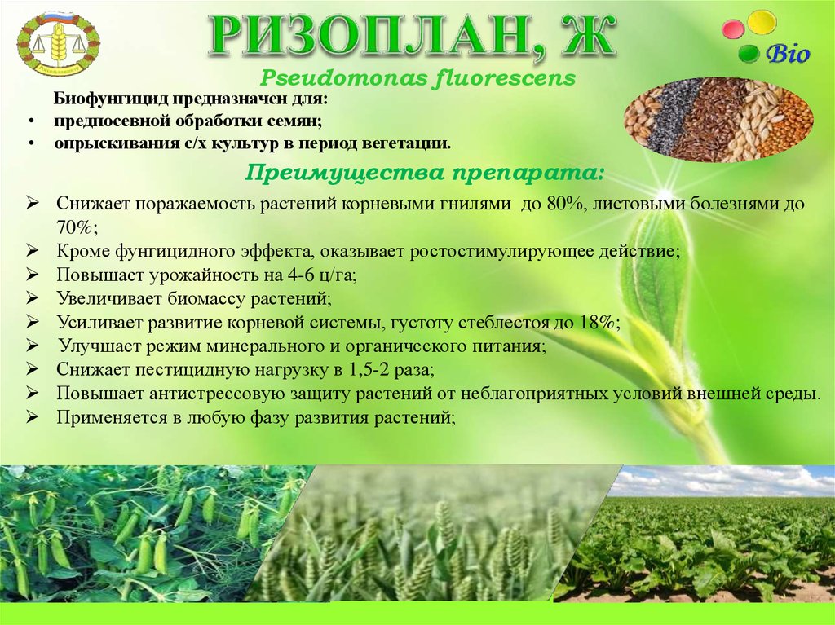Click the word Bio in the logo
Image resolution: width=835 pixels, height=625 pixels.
(787, 55)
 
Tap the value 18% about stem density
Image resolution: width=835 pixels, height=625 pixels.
(599, 323)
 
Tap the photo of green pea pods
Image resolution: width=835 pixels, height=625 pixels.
(139, 534)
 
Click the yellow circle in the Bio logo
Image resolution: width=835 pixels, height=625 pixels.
(762, 22)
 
